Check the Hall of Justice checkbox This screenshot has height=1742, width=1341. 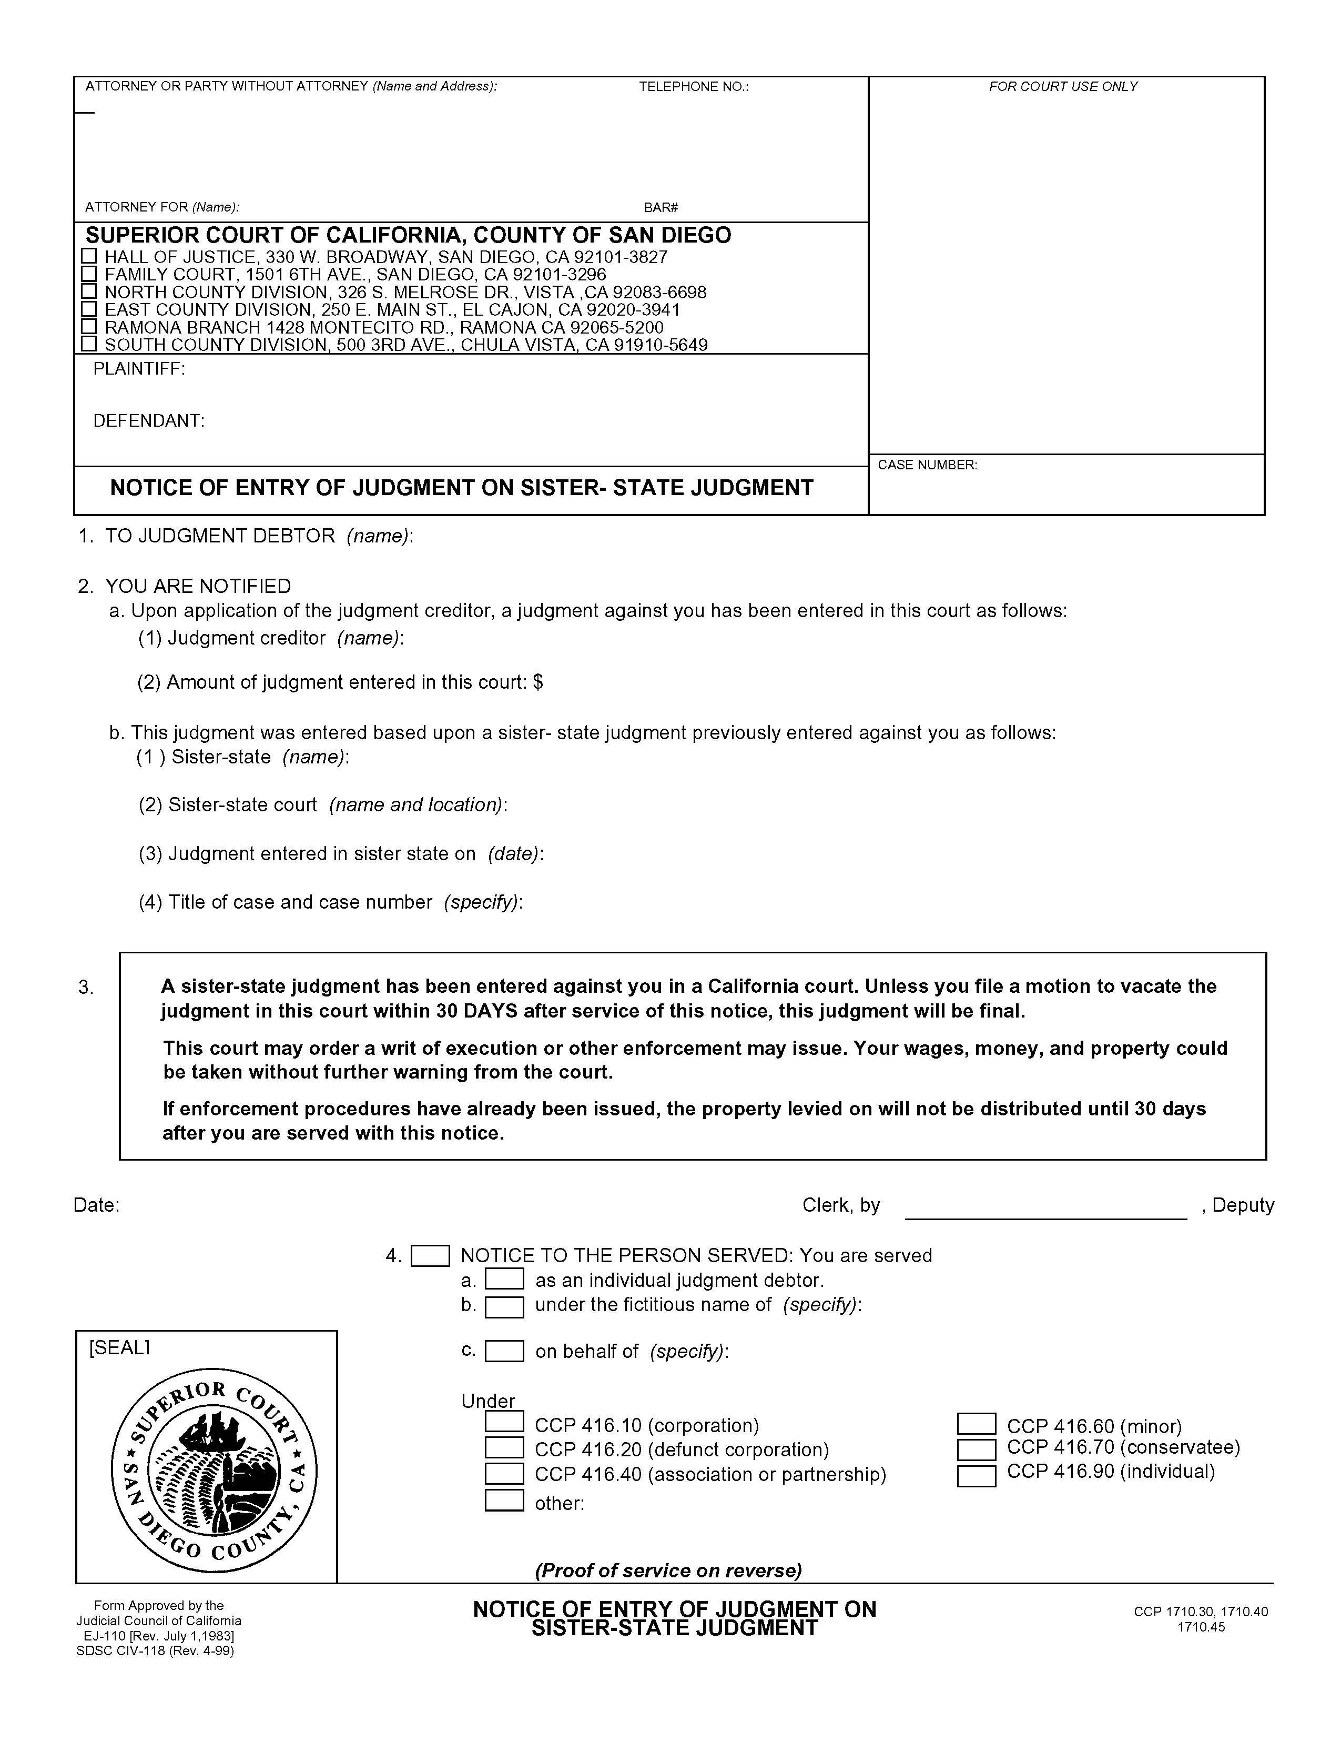[x=89, y=256]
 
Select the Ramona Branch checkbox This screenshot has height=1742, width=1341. [x=89, y=326]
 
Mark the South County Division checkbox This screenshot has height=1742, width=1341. [x=89, y=344]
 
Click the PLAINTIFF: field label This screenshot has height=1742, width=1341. [x=139, y=368]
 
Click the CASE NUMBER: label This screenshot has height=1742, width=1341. [x=927, y=464]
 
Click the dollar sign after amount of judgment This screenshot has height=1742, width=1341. [x=538, y=682]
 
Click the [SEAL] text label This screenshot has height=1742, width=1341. [x=119, y=1347]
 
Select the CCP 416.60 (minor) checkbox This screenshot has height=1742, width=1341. [x=976, y=1424]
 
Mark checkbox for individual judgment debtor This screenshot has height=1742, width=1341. [x=504, y=1280]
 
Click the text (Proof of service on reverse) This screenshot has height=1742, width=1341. [x=668, y=1570]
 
